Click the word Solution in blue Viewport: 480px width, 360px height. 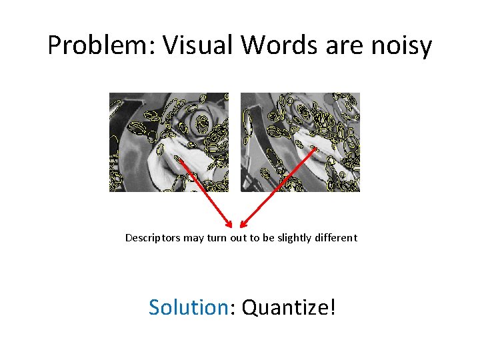pos(189,307)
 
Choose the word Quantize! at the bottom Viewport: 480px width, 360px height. pos(289,308)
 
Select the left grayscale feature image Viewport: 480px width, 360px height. pos(169,142)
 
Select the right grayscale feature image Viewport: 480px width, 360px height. pos(300,142)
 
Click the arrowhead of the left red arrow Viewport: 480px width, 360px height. pos(230,225)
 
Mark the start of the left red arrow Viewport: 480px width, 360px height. pos(179,158)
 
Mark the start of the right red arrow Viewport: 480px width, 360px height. pos(315,148)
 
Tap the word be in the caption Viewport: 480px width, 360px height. pos(273,238)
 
